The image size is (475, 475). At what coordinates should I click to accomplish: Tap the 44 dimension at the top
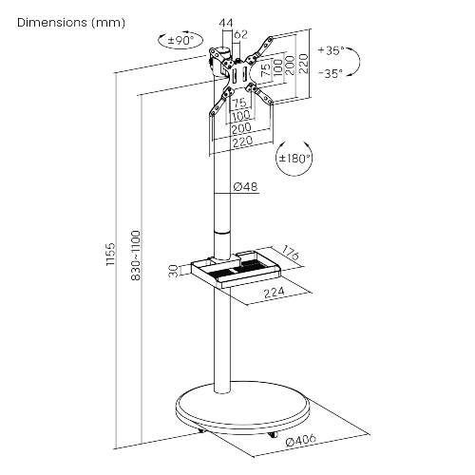tap(225, 22)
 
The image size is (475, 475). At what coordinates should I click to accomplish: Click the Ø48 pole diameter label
tap(246, 188)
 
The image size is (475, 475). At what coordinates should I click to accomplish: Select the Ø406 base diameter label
tap(298, 440)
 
